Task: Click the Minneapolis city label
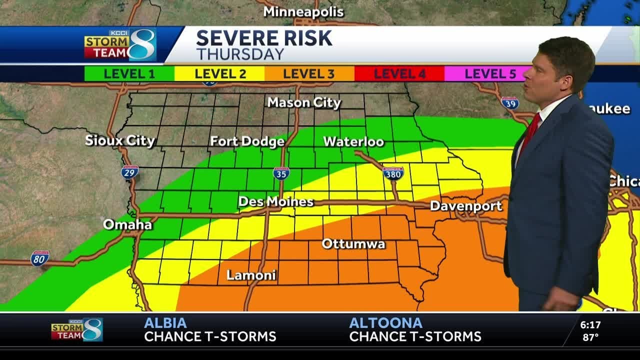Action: (x=303, y=11)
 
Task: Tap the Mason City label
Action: (x=304, y=102)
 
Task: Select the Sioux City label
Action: (x=120, y=140)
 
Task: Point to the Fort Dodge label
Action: (x=247, y=141)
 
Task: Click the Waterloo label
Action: (x=353, y=141)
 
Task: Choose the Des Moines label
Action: (x=275, y=201)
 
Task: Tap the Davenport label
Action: (x=465, y=205)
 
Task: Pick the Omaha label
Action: (x=127, y=224)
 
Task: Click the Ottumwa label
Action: (x=353, y=244)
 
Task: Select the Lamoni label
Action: (x=251, y=275)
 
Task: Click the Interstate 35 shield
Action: (x=281, y=173)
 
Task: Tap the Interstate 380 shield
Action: (x=393, y=173)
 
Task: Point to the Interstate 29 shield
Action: (x=129, y=172)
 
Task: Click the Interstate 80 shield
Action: (x=39, y=258)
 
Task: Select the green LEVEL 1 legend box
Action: (x=129, y=74)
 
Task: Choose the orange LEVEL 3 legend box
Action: (x=309, y=74)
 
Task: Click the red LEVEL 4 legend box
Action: (x=399, y=74)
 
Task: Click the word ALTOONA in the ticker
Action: (x=385, y=323)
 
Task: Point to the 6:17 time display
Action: (x=590, y=325)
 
